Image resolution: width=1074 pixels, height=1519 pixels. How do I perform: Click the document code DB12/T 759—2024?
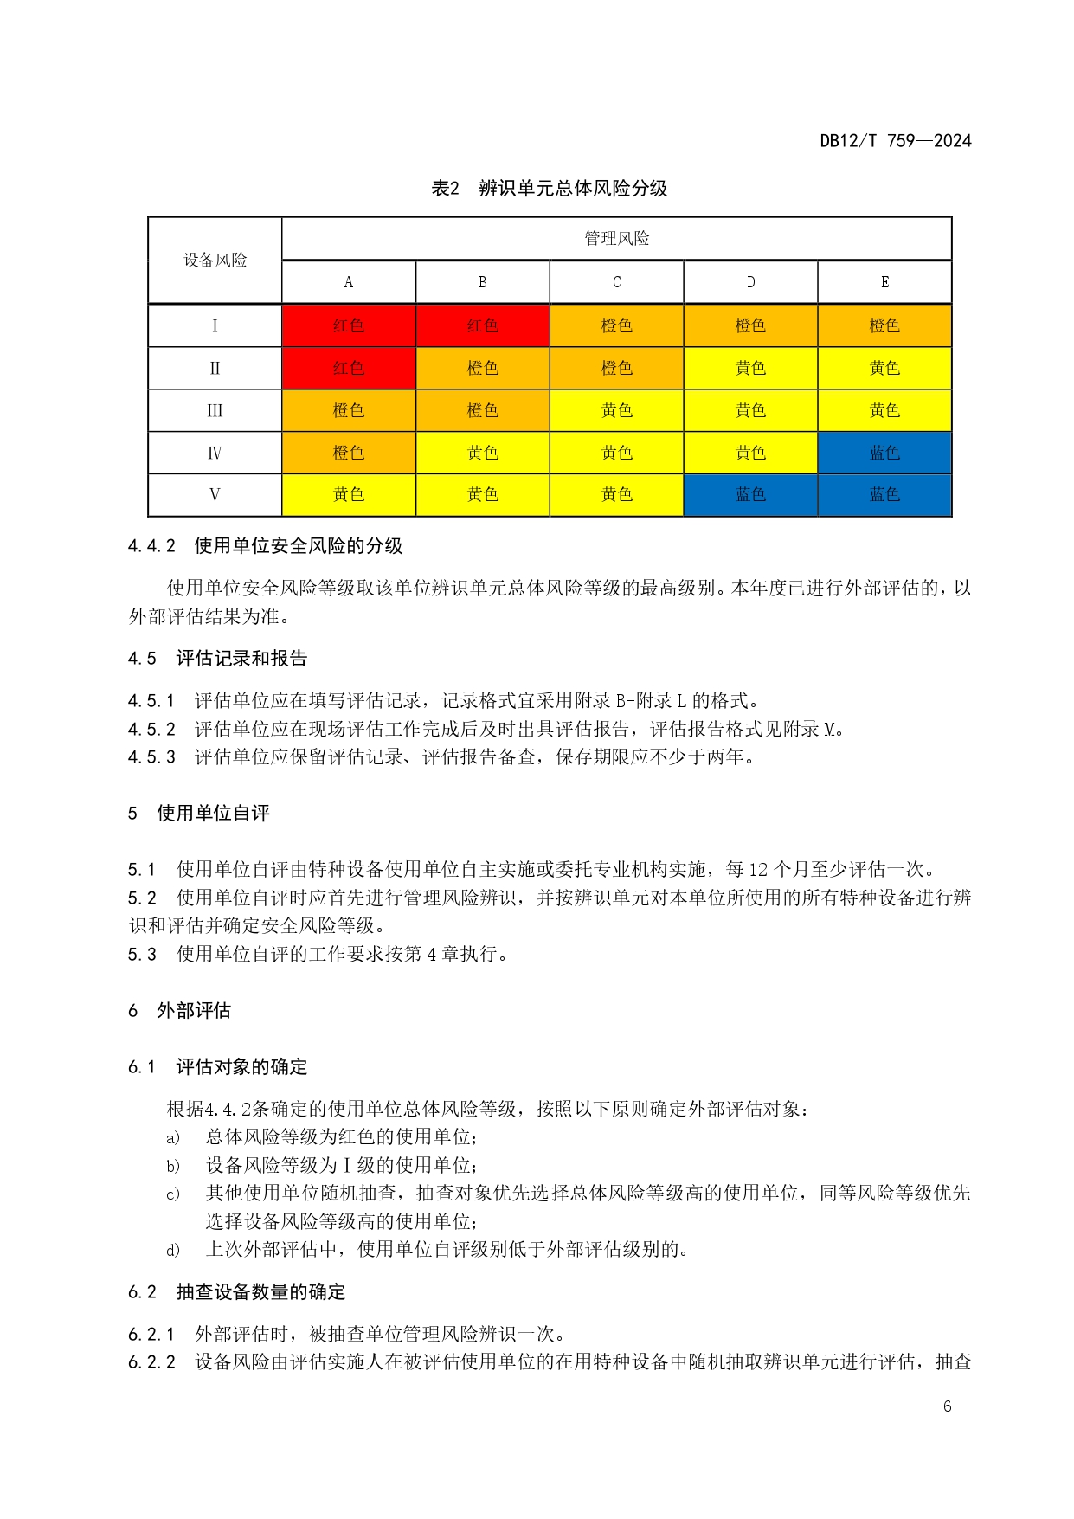point(895,140)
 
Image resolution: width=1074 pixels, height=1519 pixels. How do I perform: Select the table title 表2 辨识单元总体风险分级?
point(550,188)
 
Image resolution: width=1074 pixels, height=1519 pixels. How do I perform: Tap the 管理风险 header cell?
point(616,238)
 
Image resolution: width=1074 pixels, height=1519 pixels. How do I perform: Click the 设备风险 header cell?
point(215,260)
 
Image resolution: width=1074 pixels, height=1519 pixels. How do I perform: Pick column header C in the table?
point(616,282)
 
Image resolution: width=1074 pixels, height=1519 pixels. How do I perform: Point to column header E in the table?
point(884,282)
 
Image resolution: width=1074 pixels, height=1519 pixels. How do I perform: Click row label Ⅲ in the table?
point(215,410)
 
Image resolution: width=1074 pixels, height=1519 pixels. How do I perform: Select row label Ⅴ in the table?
point(215,495)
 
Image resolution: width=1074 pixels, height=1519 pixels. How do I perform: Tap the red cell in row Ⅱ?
point(349,368)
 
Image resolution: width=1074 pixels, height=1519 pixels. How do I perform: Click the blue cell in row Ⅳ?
point(884,453)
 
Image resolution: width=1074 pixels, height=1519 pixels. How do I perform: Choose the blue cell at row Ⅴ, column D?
point(750,495)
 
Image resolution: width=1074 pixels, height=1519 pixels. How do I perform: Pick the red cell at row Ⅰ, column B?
point(483,325)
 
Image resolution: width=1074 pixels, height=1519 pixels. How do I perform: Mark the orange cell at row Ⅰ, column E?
point(884,325)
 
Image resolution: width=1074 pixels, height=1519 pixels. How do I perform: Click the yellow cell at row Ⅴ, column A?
point(349,495)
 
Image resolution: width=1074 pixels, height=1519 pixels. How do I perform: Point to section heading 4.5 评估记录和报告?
point(217,659)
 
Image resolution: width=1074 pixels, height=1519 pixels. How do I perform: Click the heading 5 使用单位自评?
point(199,813)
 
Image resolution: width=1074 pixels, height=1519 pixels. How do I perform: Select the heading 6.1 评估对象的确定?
point(217,1066)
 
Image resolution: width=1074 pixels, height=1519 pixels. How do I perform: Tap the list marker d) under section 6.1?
point(173,1250)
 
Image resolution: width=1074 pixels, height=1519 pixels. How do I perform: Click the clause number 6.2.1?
point(151,1334)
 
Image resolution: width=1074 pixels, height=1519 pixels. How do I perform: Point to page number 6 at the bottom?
point(947,1406)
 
